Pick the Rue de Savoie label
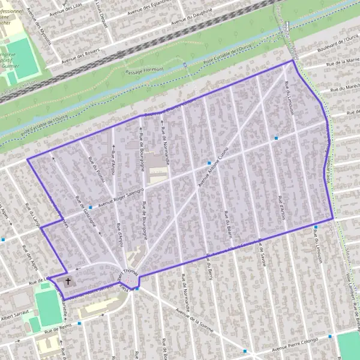pyautogui.click(x=262, y=252)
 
